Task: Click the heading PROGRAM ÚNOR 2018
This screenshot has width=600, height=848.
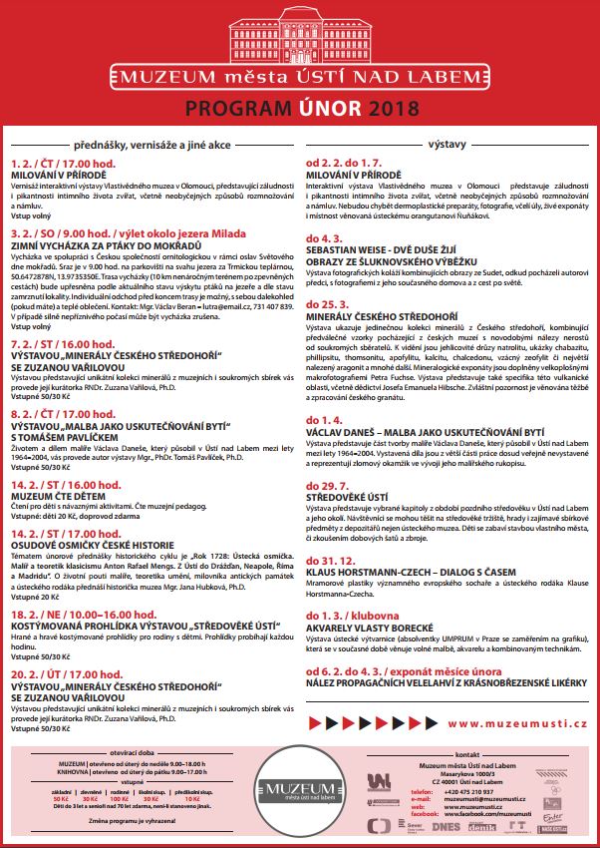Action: tap(300, 107)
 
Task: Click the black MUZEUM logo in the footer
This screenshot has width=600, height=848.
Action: tap(299, 792)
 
